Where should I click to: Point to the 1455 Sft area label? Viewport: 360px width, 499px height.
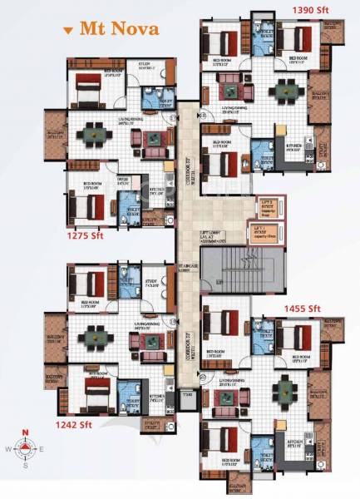point(302,309)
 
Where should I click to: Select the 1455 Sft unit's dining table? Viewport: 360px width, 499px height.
point(288,387)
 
